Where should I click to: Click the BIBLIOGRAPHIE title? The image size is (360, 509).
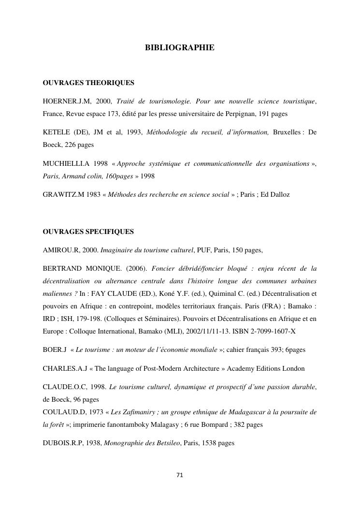pyautogui.click(x=179, y=48)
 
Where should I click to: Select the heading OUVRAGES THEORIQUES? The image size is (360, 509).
pyautogui.click(x=88, y=83)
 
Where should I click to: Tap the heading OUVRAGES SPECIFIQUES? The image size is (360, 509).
pyautogui.click(x=88, y=232)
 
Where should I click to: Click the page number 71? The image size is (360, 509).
pyautogui.click(x=180, y=475)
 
